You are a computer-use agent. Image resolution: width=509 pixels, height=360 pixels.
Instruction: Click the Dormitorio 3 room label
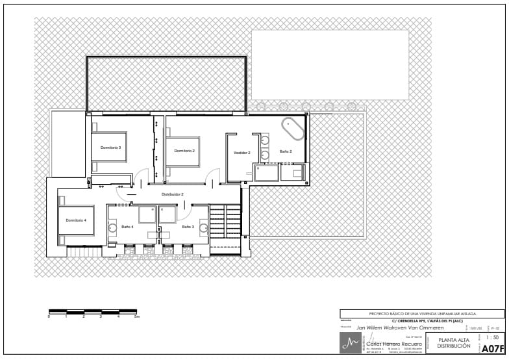point(110,148)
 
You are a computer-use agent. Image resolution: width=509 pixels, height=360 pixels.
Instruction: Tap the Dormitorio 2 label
point(184,151)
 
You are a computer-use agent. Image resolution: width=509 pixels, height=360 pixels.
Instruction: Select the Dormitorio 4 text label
point(76,220)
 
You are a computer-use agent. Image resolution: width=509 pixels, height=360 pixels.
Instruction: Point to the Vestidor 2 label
point(242,152)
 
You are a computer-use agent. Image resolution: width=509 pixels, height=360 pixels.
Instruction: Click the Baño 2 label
point(286,151)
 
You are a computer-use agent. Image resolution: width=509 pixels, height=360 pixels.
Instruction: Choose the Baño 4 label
point(127,227)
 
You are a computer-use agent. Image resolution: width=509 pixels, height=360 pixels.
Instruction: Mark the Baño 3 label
point(188,227)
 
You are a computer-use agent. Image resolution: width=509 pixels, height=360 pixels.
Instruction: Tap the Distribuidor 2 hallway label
point(173,194)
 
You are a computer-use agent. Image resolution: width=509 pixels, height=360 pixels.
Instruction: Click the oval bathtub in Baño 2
point(293,129)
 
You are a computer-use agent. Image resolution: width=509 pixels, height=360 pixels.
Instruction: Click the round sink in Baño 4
point(112,227)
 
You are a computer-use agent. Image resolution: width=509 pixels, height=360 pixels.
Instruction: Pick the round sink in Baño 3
point(203,227)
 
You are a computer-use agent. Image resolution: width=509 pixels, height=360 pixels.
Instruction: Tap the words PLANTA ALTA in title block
point(453,340)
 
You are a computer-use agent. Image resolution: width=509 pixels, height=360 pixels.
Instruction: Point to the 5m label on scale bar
point(136,316)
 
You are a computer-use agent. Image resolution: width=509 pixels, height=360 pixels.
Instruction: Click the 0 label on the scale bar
point(49,316)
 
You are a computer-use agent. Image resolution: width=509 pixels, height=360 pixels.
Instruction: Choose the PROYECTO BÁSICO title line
point(422,314)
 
